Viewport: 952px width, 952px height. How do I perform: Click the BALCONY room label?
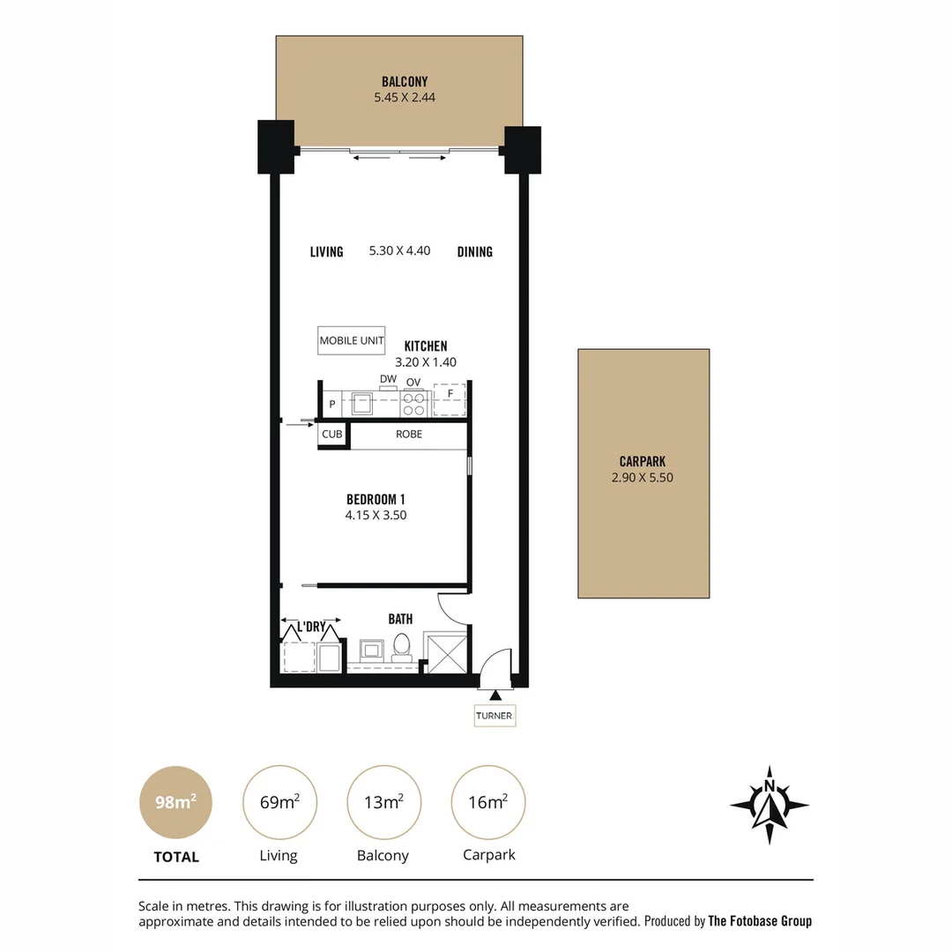[x=405, y=82]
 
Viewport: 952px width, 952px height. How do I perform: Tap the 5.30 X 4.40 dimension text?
[x=399, y=251]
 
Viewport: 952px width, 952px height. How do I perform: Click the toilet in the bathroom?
[x=402, y=645]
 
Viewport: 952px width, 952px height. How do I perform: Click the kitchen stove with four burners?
[x=414, y=404]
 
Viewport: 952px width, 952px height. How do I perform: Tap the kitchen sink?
[x=363, y=404]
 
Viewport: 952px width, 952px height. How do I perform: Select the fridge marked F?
[x=450, y=401]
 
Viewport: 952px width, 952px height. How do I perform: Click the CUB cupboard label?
[x=331, y=435]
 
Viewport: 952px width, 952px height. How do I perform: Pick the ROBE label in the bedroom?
[x=408, y=435]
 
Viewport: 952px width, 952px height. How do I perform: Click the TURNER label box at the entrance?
[x=494, y=716]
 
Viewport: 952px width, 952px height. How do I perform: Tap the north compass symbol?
[x=770, y=804]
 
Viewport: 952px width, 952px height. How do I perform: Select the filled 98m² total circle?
[x=176, y=802]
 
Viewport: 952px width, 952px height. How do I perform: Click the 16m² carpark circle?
[x=488, y=802]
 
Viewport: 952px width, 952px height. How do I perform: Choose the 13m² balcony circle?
[x=383, y=802]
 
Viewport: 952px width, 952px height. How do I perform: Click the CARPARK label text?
[x=642, y=461]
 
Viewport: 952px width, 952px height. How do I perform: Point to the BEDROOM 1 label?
[x=376, y=500]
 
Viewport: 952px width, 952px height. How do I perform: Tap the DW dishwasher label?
[x=388, y=379]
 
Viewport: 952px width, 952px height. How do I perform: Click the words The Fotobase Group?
[x=760, y=921]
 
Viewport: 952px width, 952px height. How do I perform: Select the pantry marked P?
[x=332, y=404]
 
